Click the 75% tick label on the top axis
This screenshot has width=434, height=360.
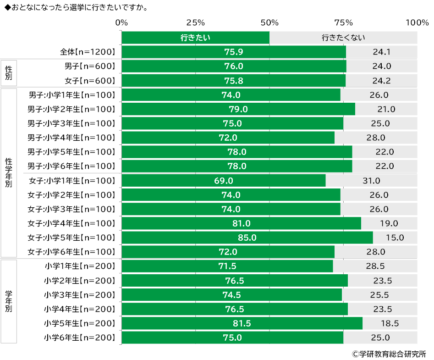(343, 22)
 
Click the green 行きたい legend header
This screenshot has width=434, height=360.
(195, 38)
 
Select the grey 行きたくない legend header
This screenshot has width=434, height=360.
(343, 38)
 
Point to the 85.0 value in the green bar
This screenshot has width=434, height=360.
(247, 238)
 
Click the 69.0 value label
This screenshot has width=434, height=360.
(224, 181)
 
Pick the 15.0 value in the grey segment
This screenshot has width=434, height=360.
(395, 238)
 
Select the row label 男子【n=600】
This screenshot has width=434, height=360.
(89, 66)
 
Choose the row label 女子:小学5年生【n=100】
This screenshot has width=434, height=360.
(71, 238)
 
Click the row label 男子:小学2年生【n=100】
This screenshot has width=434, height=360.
(71, 109)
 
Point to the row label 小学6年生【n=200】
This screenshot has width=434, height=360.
(79, 338)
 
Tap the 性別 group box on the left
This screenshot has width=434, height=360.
(9, 73)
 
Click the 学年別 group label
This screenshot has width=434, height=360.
(9, 301)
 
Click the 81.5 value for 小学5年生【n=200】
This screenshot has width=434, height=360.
(242, 323)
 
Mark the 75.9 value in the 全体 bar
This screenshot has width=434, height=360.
(233, 52)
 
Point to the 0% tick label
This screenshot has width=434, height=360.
(121, 22)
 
